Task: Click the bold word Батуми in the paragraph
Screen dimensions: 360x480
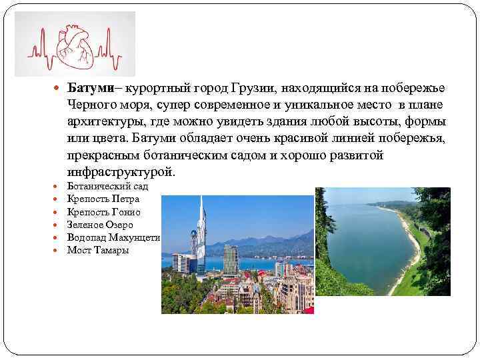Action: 87,89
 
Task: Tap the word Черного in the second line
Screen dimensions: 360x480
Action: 92,106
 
